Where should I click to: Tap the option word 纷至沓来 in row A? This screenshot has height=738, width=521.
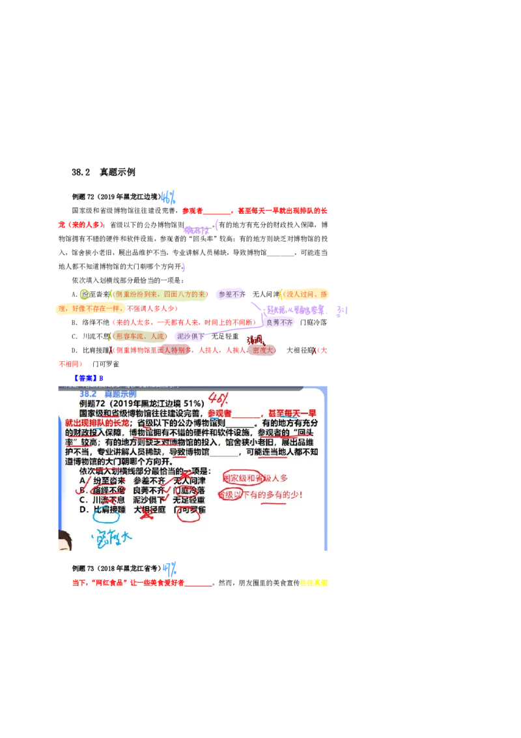point(108,480)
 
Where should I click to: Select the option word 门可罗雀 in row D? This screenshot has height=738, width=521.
point(190,510)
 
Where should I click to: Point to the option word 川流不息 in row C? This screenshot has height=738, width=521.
point(108,500)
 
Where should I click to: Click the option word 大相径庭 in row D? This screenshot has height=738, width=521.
point(149,510)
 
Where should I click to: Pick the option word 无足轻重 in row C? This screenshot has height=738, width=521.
point(190,500)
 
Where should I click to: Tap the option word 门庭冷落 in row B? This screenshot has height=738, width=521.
point(190,490)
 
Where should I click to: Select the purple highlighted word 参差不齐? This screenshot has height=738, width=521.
point(231,295)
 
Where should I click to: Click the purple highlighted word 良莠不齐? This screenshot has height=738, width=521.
point(280,323)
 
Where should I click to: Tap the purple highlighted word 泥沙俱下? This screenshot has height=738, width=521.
point(191,336)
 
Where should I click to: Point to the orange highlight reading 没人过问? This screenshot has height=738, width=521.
point(305,295)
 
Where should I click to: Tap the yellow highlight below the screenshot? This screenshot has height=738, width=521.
point(313,583)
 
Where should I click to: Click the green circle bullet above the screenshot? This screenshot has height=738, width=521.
point(84,294)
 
